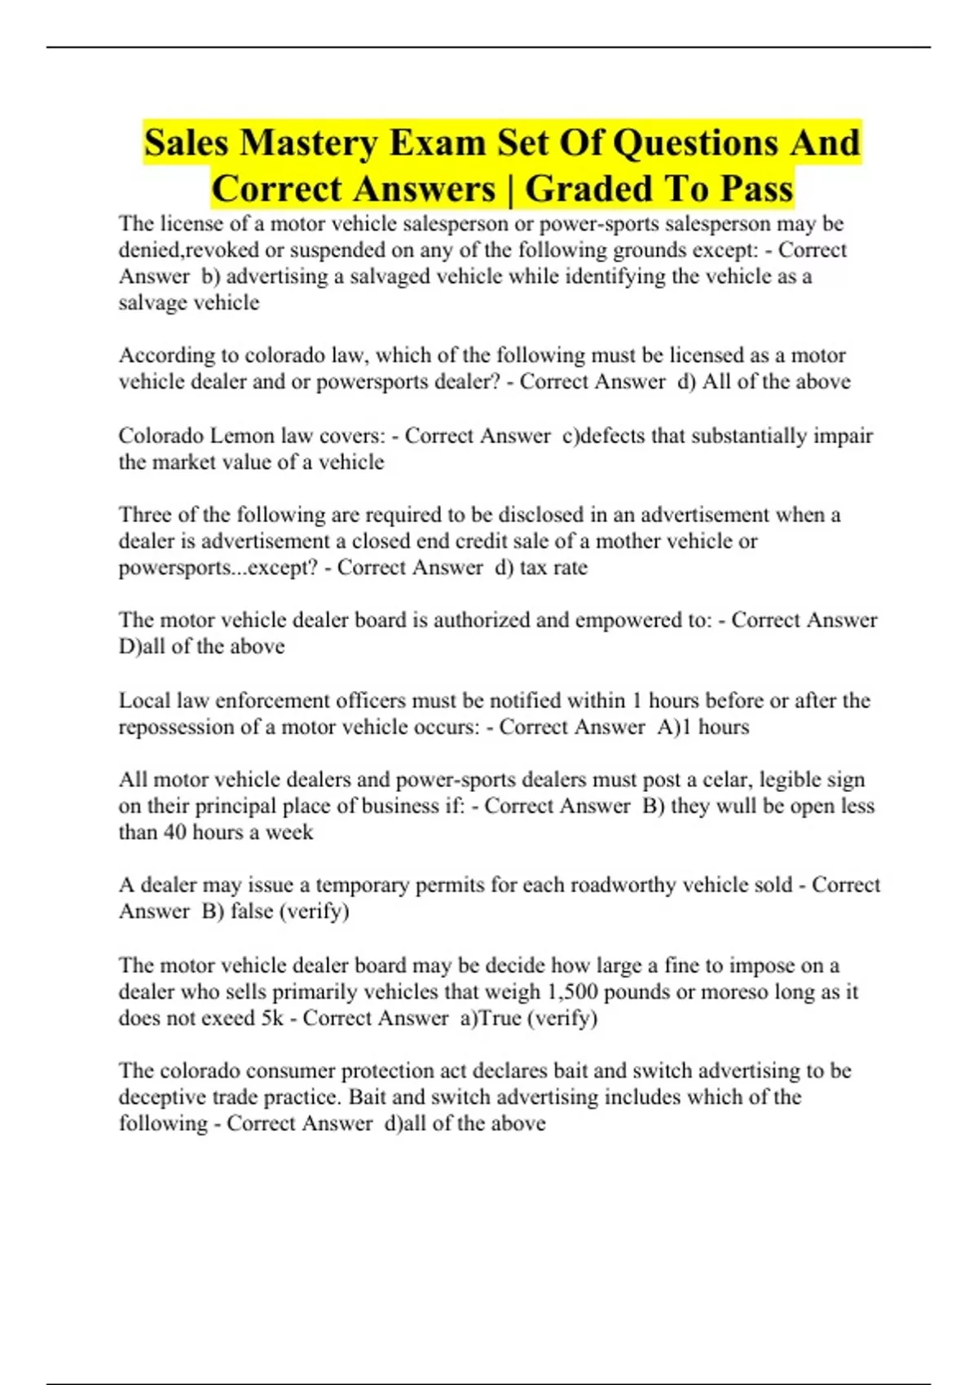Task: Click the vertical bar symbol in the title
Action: click(x=509, y=189)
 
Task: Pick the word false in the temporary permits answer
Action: click(x=251, y=911)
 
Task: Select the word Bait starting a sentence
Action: click(x=369, y=1097)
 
